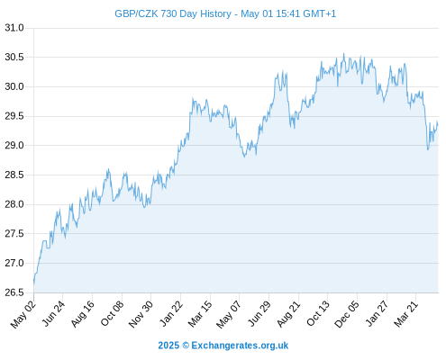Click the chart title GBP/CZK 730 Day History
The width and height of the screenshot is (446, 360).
[173, 13]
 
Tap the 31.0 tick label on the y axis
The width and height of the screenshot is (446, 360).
[14, 28]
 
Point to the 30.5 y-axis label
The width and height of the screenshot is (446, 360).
[14, 57]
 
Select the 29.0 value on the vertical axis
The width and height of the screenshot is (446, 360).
[14, 145]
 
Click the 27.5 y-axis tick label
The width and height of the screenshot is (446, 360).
[14, 233]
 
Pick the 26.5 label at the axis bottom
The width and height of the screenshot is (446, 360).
[14, 292]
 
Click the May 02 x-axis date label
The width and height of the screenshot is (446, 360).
[23, 314]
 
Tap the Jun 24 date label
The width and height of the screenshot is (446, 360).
[53, 314]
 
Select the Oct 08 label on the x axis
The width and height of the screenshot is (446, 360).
[112, 314]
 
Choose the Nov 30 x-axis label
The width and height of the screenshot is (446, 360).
[141, 314]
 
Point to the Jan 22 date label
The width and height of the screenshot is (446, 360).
[170, 314]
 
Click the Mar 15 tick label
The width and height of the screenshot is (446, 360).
[200, 314]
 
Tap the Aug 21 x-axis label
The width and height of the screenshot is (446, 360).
[288, 314]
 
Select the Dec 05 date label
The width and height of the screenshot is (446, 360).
[347, 314]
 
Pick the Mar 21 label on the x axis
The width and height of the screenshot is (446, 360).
[405, 314]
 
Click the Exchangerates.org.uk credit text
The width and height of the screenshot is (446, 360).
[240, 346]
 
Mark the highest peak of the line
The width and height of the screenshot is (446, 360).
[344, 54]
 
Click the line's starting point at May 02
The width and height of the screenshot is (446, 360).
[33, 282]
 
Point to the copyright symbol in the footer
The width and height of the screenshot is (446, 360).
[186, 346]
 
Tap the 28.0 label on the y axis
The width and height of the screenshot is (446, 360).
[14, 204]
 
